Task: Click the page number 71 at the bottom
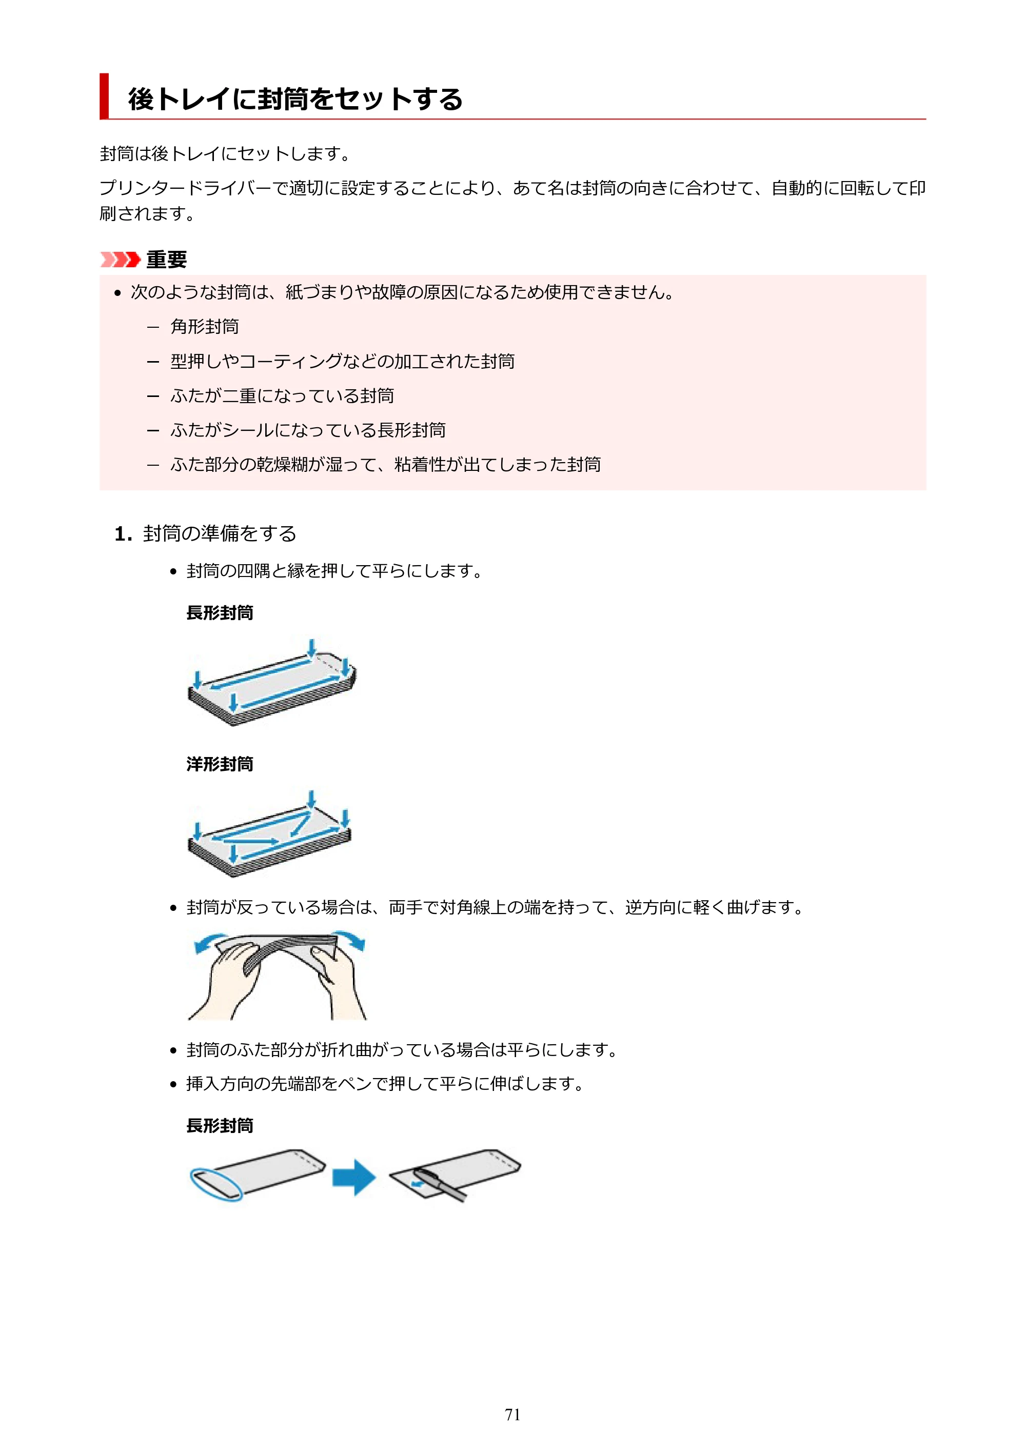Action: pyautogui.click(x=512, y=1415)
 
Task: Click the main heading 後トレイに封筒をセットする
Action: pyautogui.click(x=295, y=99)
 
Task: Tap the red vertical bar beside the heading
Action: pyautogui.click(x=104, y=96)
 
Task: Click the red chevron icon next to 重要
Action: pyautogui.click(x=120, y=259)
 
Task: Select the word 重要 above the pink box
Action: pyautogui.click(x=166, y=259)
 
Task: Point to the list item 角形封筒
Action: pyautogui.click(x=204, y=326)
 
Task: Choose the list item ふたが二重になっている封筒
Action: pyautogui.click(x=282, y=395)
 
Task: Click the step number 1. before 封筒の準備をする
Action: pyautogui.click(x=123, y=534)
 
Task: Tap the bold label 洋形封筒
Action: pyautogui.click(x=220, y=764)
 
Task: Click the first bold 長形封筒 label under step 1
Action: pyautogui.click(x=220, y=612)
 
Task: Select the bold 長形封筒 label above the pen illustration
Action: pyautogui.click(x=220, y=1125)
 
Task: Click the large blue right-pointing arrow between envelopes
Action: pyautogui.click(x=354, y=1177)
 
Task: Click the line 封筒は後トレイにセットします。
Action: pyautogui.click(x=226, y=153)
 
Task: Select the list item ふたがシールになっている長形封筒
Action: pyautogui.click(x=308, y=430)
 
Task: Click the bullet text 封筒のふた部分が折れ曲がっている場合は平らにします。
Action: pyautogui.click(x=402, y=1050)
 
